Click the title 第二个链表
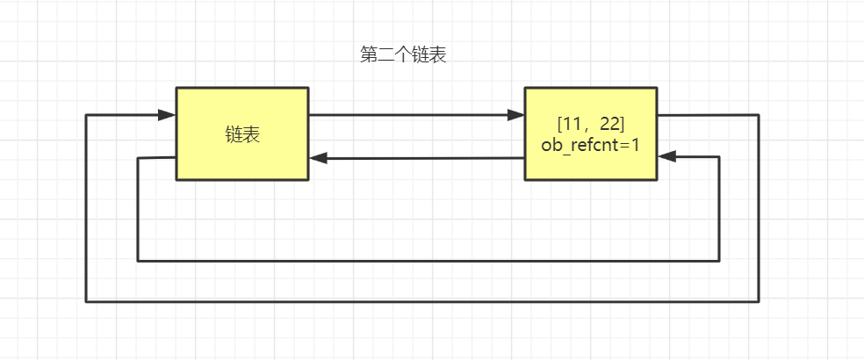(404, 55)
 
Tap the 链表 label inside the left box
(242, 134)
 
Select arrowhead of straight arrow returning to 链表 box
(318, 158)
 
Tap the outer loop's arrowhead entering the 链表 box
(167, 115)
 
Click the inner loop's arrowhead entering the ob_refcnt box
(666, 157)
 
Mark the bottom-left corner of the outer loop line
(86, 301)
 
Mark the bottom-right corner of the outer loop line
(759, 301)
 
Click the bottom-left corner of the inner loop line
(138, 261)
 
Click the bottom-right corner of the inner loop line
(719, 261)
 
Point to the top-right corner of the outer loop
(759, 115)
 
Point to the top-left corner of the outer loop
(86, 115)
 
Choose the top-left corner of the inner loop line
(138, 158)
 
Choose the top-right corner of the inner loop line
(719, 157)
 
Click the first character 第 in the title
(369, 55)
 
